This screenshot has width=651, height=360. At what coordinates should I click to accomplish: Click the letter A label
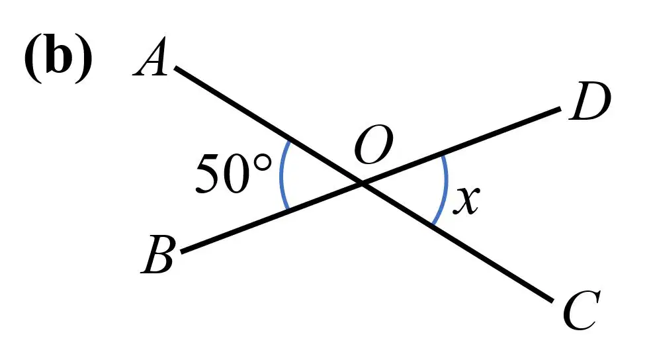(x=150, y=57)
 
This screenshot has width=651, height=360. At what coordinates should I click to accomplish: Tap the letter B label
(x=157, y=255)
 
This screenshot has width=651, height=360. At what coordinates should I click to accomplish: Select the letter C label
(x=582, y=310)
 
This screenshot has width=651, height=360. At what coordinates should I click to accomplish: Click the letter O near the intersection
(x=374, y=145)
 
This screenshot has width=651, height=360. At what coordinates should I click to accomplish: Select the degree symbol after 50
(x=263, y=163)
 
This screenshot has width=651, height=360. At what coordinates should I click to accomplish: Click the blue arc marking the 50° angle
(x=281, y=175)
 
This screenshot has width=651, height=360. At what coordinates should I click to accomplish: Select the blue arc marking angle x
(x=447, y=189)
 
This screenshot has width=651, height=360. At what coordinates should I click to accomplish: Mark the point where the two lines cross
(x=363, y=183)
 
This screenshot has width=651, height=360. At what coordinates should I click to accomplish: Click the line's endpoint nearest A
(x=175, y=67)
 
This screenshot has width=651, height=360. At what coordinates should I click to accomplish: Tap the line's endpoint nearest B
(x=182, y=251)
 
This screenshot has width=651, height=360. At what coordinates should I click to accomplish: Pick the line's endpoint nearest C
(x=552, y=300)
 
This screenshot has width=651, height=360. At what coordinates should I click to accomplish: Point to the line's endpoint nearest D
(x=560, y=109)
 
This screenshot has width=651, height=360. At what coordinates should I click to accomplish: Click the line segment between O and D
(x=462, y=146)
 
